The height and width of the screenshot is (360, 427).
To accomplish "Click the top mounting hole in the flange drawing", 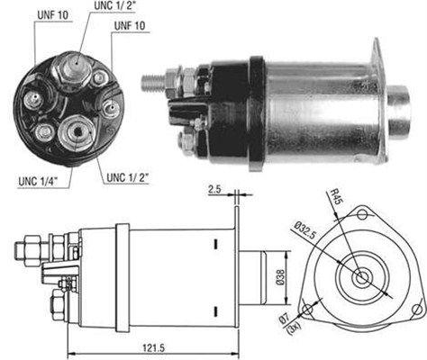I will [363, 214].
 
